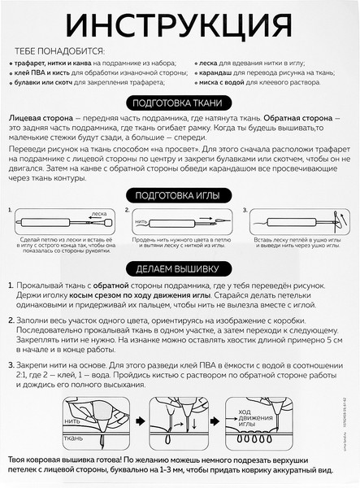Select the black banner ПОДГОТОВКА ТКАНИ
(x=179, y=103)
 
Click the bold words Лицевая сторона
(x=38, y=119)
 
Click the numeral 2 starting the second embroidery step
(x=9, y=326)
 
